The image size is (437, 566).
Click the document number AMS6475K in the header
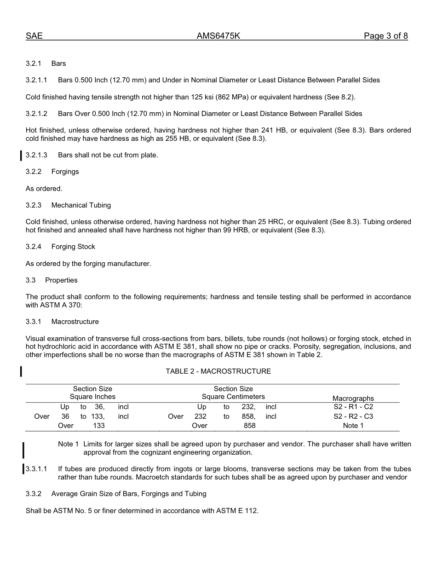(x=218, y=36)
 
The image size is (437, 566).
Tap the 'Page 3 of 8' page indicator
(x=385, y=36)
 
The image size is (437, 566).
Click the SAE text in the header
(x=34, y=36)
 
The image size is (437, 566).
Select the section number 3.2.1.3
(x=36, y=155)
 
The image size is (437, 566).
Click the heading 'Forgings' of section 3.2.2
(x=65, y=172)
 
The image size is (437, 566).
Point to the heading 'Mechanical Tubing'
(x=81, y=205)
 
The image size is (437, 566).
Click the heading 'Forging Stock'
(x=73, y=247)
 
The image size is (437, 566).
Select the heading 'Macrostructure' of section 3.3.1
(x=75, y=322)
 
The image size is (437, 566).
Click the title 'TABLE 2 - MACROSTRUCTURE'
(x=218, y=371)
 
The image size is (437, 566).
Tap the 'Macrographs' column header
(x=353, y=399)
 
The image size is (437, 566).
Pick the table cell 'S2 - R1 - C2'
(x=353, y=407)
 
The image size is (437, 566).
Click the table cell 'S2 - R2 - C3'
(x=353, y=416)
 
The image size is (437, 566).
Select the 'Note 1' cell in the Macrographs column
(x=353, y=426)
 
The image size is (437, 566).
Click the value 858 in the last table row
(x=249, y=426)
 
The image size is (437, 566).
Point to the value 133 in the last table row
(x=98, y=426)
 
